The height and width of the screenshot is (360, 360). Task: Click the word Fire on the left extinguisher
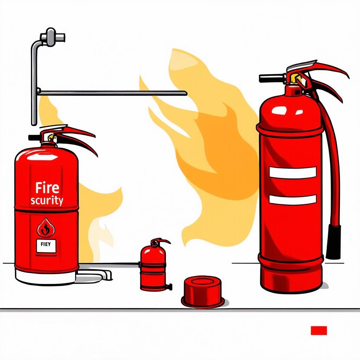(47, 188)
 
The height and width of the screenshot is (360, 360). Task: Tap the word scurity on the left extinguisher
(47, 201)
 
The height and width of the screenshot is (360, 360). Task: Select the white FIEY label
(46, 246)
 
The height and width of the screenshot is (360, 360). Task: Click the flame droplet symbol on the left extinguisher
(46, 228)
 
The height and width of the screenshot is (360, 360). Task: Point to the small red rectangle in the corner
(319, 330)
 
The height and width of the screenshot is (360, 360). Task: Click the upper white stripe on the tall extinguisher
(293, 172)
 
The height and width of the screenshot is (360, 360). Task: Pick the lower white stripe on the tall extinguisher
(293, 200)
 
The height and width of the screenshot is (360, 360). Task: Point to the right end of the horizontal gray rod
(186, 93)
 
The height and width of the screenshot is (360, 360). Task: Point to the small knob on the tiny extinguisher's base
(170, 287)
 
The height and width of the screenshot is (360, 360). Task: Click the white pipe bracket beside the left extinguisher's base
(96, 275)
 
